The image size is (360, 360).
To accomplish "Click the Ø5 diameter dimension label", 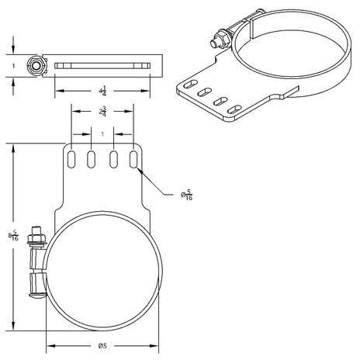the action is (x=102, y=346).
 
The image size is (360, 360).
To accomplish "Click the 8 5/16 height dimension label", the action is (x=13, y=237).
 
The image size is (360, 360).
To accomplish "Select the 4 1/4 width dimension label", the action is (x=102, y=91).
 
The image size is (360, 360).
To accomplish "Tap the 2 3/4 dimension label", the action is (x=102, y=112).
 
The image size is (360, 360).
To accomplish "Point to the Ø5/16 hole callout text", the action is (x=186, y=195).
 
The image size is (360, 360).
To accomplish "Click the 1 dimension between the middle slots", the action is (x=102, y=134).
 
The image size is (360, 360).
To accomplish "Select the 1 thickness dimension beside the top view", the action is (x=13, y=66).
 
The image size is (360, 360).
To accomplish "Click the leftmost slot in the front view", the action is (x=71, y=159).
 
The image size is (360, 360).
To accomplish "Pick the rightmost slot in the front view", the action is (x=133, y=159).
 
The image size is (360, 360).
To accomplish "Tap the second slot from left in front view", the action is (x=91, y=159).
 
